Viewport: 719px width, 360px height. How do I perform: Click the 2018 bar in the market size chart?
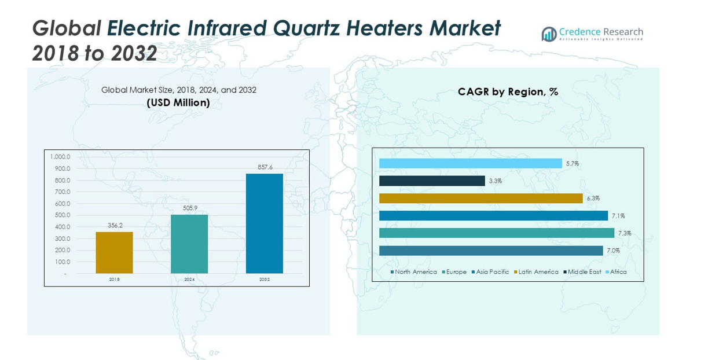[114, 252]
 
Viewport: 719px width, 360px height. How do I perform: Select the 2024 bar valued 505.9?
[189, 244]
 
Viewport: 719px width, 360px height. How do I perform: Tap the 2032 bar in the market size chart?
[265, 223]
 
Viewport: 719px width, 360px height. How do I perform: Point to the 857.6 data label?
[265, 167]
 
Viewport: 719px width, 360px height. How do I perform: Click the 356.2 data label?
[115, 226]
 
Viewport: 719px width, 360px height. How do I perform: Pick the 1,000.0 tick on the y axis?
[60, 157]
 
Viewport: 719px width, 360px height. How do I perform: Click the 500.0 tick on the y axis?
[62, 215]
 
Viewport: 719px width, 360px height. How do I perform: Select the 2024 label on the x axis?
[189, 280]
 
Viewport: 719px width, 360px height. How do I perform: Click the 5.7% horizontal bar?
[470, 164]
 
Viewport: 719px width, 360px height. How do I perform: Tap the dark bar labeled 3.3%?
[432, 181]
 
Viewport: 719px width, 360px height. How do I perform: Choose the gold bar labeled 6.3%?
[480, 199]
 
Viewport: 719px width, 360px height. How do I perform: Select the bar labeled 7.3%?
[496, 233]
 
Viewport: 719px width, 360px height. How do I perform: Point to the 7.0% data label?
[613, 251]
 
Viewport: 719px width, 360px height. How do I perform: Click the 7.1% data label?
[618, 216]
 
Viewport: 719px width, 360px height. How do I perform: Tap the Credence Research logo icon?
[548, 34]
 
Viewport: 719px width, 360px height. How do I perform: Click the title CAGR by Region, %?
[508, 91]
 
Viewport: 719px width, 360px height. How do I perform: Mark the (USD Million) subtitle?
[178, 103]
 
